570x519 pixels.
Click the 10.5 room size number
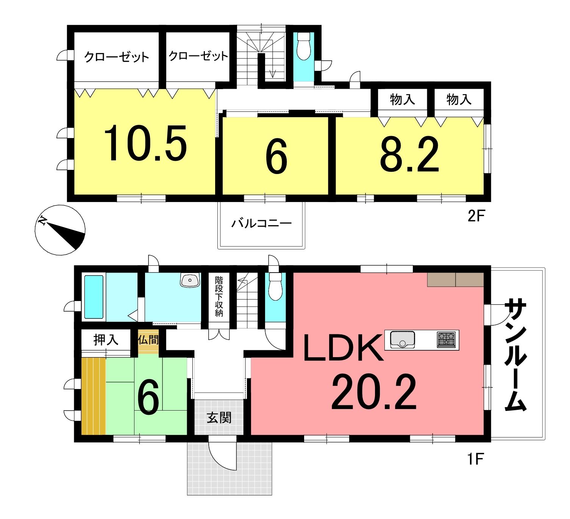tap(145, 143)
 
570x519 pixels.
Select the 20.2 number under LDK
tap(374, 392)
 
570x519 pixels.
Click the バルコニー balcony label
tap(261, 223)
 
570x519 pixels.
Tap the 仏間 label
tap(148, 339)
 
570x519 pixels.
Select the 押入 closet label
tap(106, 339)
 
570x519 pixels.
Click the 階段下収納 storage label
tap(219, 296)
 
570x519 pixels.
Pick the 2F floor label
tap(476, 216)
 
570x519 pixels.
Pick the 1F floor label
tap(475, 459)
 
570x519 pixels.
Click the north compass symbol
tap(60, 230)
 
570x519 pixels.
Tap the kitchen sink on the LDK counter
tap(402, 339)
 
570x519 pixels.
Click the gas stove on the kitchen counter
tap(447, 340)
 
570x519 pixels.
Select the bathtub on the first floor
tap(94, 297)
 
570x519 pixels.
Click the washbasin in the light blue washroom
tap(190, 280)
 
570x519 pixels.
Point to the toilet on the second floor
tap(303, 46)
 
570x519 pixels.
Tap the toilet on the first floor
tap(275, 286)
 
